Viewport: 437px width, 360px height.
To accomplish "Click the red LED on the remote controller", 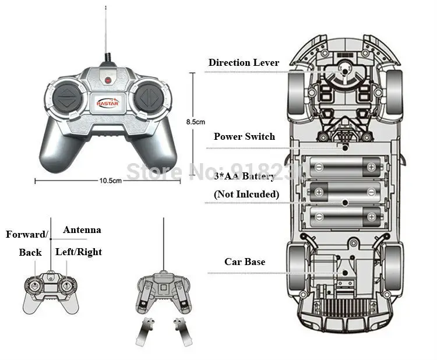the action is click(x=108, y=80).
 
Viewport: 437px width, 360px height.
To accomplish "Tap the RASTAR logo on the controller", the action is click(x=108, y=103).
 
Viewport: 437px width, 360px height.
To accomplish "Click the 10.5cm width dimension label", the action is click(x=110, y=181).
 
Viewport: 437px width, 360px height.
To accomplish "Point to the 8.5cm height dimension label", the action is click(x=195, y=122).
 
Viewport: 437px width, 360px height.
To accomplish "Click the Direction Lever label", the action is click(x=244, y=62).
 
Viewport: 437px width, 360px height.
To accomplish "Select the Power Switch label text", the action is click(x=244, y=136).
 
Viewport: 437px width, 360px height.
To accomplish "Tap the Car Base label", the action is click(x=245, y=262).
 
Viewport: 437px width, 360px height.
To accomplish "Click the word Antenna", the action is click(x=82, y=230).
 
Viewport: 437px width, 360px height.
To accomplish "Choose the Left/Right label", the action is click(x=79, y=252).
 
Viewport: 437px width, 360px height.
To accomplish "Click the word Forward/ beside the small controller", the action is click(x=27, y=234).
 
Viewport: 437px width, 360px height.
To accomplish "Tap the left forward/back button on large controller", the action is click(x=66, y=97).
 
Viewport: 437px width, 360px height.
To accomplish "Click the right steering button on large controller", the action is click(x=149, y=97).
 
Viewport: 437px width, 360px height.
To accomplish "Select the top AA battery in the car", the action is click(x=345, y=167).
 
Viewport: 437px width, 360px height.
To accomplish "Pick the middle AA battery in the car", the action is click(x=345, y=192).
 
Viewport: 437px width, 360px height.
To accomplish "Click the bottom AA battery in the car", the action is click(x=345, y=217).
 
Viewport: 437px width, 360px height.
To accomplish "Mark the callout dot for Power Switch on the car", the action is click(x=345, y=147).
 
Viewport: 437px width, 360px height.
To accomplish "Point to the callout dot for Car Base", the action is click(x=345, y=273).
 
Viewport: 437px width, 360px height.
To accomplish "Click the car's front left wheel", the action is click(x=295, y=93).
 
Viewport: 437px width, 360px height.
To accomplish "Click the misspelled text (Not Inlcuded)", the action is click(x=246, y=194).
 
